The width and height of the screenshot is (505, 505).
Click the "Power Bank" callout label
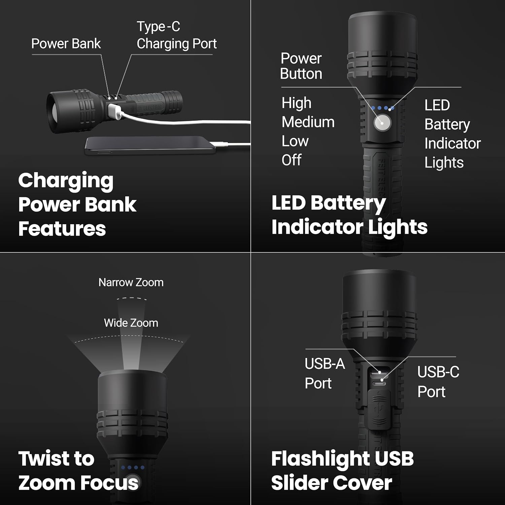point(66,44)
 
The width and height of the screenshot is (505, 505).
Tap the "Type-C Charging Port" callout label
point(176,35)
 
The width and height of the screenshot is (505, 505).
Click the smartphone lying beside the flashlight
point(150,145)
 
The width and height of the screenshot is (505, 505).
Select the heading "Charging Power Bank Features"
point(77,204)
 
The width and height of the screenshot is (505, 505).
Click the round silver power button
point(382,123)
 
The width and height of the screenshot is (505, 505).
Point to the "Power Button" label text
point(301,66)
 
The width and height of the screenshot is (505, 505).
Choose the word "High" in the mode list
point(296,103)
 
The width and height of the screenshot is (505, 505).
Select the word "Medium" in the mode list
point(308,122)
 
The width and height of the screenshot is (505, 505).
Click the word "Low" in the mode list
point(295,141)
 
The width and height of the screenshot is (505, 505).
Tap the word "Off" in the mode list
point(292,160)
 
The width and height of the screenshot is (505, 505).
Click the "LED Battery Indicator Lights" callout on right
point(452,134)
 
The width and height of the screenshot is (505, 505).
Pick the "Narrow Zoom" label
point(131,282)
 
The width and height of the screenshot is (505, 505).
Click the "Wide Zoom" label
point(131,323)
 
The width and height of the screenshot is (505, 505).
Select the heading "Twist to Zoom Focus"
point(78,470)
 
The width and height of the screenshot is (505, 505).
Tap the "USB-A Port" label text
point(325,373)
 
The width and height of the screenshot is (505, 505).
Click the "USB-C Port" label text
point(438,382)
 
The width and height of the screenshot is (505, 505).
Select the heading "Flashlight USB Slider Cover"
point(342,470)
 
